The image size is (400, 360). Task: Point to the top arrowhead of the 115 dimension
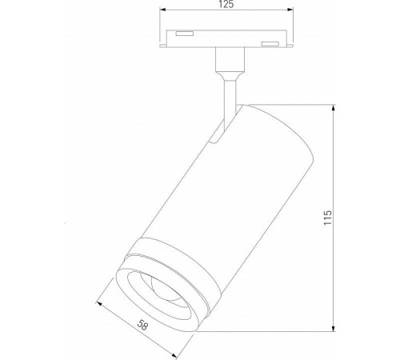(x=335, y=106)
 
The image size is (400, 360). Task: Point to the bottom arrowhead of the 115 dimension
(x=335, y=329)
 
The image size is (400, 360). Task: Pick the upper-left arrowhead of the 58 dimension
(x=99, y=302)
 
